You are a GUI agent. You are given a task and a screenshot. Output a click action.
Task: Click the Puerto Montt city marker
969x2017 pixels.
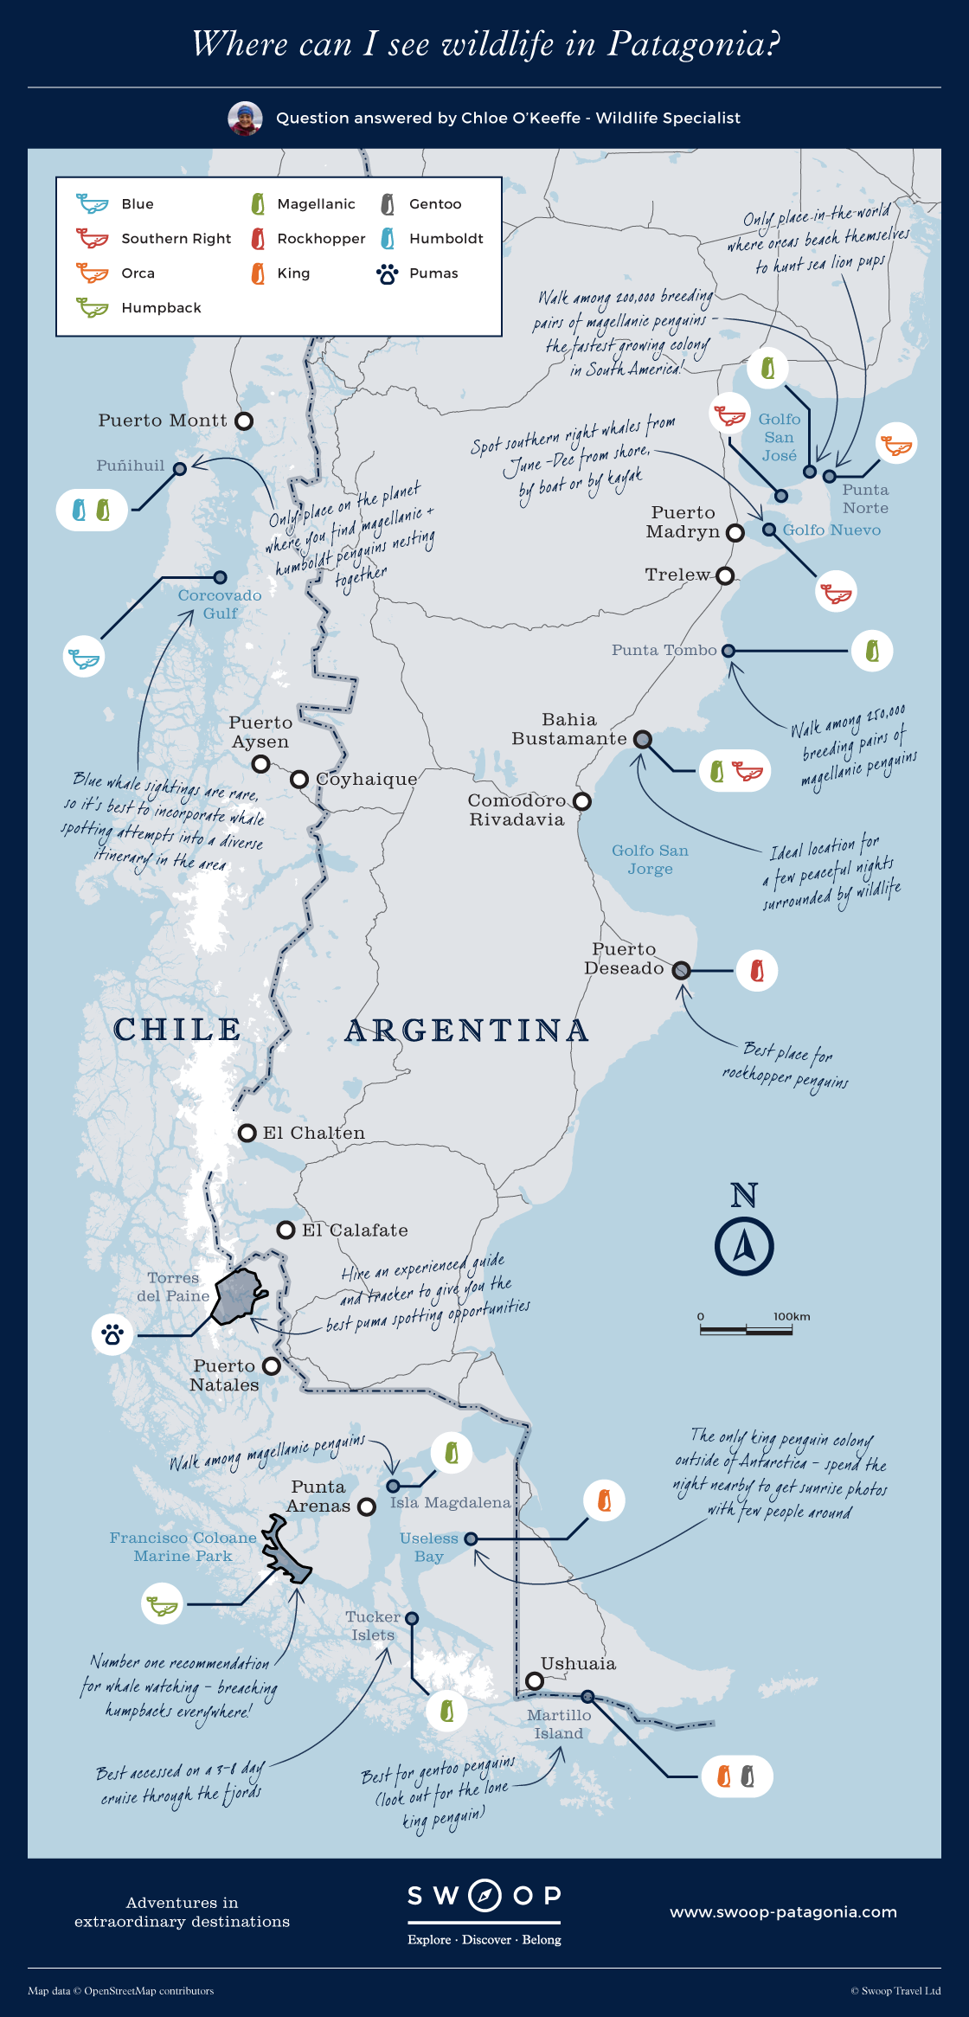[x=245, y=421]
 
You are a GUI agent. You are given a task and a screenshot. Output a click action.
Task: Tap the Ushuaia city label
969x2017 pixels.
[x=578, y=1663]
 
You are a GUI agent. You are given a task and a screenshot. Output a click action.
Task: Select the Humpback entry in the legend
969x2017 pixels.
[x=160, y=307]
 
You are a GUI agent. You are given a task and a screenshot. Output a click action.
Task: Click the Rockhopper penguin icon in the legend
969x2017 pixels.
[x=258, y=239]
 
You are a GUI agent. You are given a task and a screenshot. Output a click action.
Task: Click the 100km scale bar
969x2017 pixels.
[x=746, y=1329]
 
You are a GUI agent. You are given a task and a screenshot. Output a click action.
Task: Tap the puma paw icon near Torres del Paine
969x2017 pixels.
[x=112, y=1334]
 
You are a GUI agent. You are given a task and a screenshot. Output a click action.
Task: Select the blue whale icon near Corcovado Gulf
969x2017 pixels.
[x=85, y=658]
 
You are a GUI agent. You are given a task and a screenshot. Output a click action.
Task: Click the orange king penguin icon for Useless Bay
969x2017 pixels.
[x=604, y=1500]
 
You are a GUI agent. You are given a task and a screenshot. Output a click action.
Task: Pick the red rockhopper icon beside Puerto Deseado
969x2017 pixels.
[x=757, y=971]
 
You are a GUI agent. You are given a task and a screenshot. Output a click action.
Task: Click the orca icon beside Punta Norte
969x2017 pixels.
[x=895, y=445]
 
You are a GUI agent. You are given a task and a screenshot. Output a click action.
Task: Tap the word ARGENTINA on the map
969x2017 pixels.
[x=466, y=1030]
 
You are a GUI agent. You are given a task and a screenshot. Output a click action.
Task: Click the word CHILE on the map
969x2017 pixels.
[x=177, y=1029]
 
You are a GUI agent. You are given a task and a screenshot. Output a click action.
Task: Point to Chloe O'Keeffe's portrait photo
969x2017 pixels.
[x=245, y=119]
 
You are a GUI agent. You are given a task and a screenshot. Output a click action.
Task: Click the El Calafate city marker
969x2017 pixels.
[x=286, y=1230]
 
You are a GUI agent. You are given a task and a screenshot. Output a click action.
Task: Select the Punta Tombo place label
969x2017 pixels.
[x=664, y=650]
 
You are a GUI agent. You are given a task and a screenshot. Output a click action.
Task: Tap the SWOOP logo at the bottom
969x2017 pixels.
[x=484, y=1896]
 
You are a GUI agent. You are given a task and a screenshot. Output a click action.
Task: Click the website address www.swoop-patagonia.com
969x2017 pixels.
[x=783, y=1911]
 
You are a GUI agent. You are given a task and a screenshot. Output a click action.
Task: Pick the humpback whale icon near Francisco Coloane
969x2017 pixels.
[x=162, y=1605]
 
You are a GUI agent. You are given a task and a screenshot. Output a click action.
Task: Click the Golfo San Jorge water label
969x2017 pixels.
[x=650, y=859]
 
